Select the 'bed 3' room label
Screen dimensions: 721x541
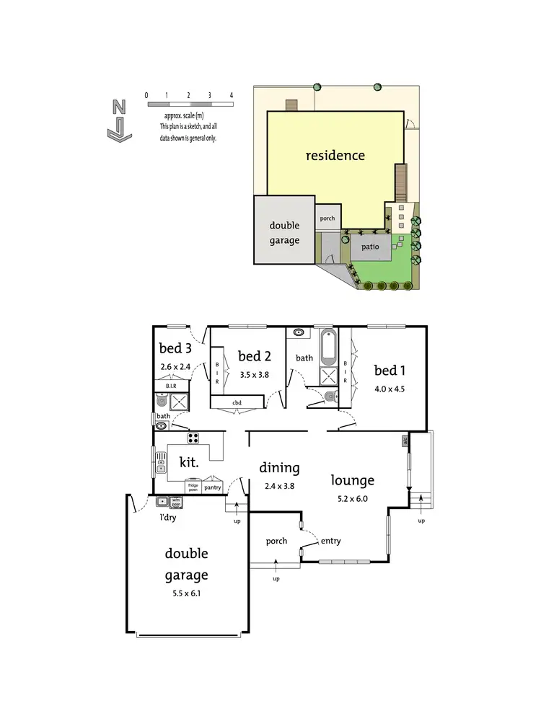(175, 348)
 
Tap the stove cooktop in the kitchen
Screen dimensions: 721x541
(193, 438)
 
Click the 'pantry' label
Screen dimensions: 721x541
(212, 487)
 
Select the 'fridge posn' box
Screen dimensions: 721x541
(193, 486)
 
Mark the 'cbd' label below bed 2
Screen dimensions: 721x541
(237, 403)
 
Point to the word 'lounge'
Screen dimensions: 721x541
(352, 479)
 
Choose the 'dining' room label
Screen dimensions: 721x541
(279, 467)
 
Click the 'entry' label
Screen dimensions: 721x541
(331, 541)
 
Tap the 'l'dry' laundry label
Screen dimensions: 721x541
(168, 516)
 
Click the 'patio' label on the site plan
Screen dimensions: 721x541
(370, 247)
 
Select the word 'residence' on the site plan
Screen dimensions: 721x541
(335, 155)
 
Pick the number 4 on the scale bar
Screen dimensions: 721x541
(232, 95)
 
